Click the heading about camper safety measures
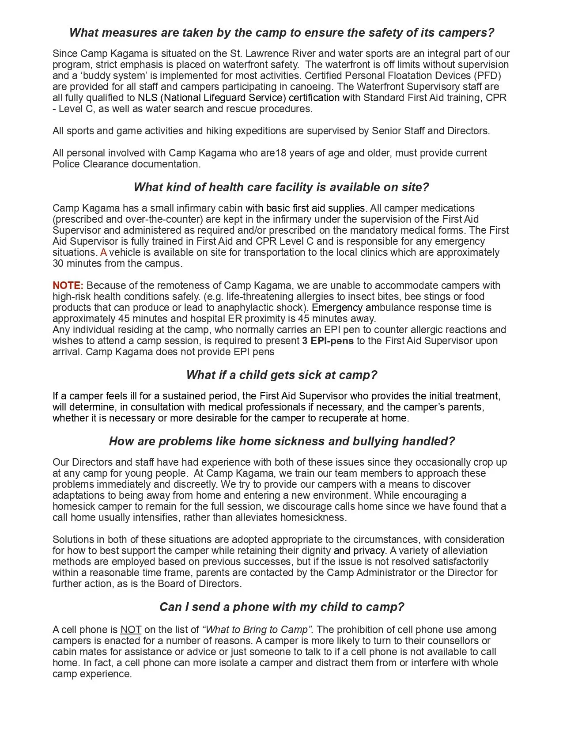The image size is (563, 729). point(281,33)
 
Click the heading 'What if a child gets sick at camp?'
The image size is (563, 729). point(281,375)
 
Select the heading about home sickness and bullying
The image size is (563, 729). point(281,441)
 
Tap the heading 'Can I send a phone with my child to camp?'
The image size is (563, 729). point(281,607)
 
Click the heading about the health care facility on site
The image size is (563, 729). point(281,187)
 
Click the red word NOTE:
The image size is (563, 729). point(68,285)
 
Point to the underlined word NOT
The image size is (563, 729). point(131,630)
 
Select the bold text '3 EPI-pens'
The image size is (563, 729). point(328,341)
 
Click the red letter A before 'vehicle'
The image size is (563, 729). point(104,252)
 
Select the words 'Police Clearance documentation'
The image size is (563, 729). point(126,164)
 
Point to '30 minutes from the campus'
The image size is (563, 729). point(117,263)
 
